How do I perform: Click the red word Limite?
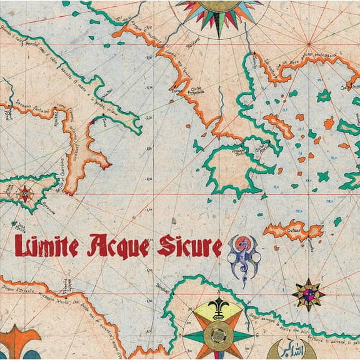(46, 246)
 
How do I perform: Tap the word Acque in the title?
(119, 246)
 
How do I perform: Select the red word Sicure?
(189, 246)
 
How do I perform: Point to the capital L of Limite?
(21, 246)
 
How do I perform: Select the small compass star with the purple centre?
(309, 293)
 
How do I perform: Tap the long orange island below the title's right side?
(293, 231)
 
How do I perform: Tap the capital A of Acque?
(99, 246)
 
